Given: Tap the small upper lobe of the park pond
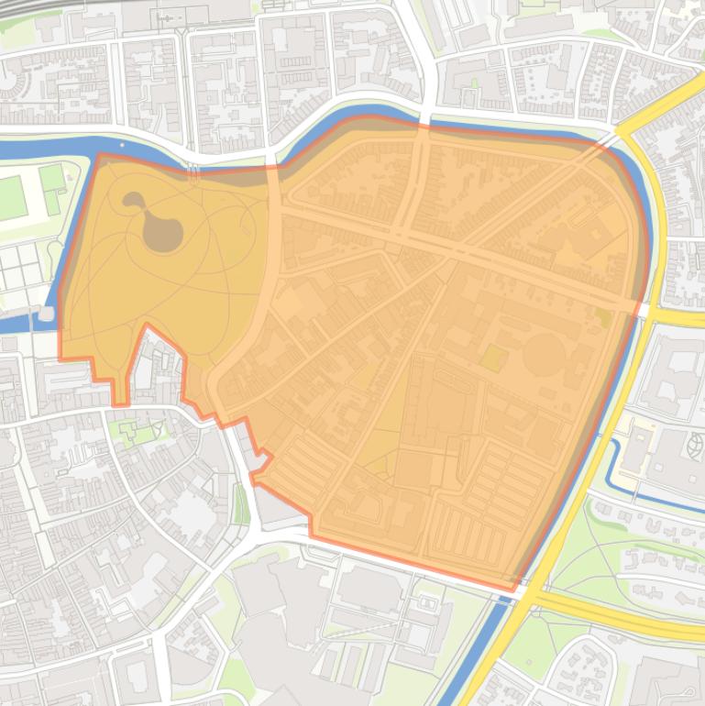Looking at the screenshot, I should [x=134, y=200].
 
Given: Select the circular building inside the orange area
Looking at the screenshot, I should [x=544, y=353].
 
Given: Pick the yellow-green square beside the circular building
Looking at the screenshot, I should [x=493, y=358].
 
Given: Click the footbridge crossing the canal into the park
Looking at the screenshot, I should [x=193, y=170].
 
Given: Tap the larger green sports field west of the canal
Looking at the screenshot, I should [x=12, y=196].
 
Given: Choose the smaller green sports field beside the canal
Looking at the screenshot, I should [x=52, y=177].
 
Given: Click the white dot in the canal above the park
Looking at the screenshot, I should [x=121, y=145].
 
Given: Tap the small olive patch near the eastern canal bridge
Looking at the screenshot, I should [x=603, y=316].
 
